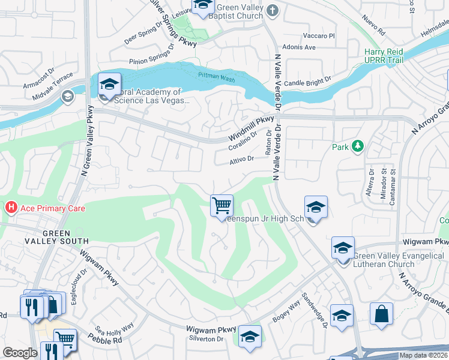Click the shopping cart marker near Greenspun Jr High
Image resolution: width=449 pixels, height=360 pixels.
222,205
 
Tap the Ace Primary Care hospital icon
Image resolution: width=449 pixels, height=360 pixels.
10,208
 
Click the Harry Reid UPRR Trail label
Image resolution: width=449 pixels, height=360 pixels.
384,56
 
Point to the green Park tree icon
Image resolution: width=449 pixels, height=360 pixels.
358,146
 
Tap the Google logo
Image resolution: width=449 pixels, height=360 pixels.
20,353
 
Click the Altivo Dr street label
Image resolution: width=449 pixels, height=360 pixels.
242,160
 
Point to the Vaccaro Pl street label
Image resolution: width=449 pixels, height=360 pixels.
319,36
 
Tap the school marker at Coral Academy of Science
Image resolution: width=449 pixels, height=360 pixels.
110,85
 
